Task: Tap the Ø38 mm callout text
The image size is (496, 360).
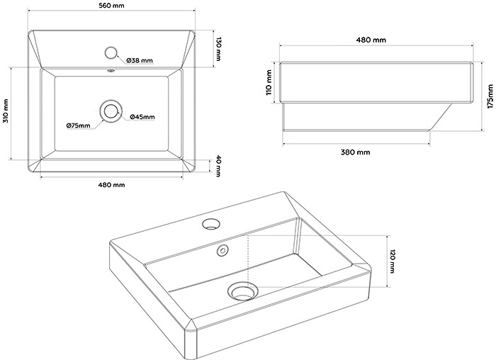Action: [x=140, y=61]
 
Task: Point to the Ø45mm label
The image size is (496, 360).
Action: [x=142, y=116]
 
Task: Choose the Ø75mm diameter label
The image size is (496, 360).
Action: [x=79, y=125]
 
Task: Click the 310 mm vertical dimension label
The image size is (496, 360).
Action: [x=6, y=111]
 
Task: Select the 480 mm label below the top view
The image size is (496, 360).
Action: [x=111, y=185]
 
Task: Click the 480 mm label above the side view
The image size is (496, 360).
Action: [x=373, y=40]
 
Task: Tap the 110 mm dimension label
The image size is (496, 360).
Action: [x=269, y=82]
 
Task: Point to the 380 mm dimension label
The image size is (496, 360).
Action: [x=355, y=152]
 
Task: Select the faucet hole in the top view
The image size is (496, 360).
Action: [x=111, y=52]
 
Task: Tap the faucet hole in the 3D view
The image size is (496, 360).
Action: [x=210, y=225]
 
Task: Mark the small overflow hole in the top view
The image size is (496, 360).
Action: [x=111, y=71]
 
